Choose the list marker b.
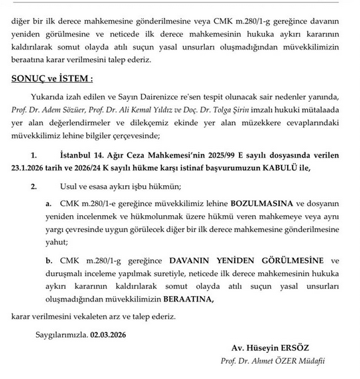tap(48, 261)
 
